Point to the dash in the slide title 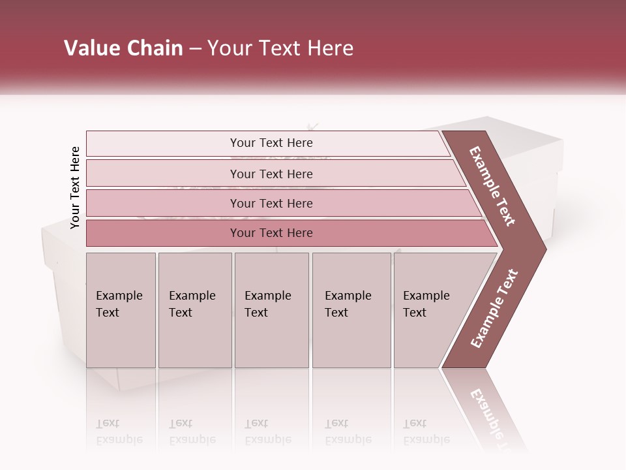click(x=195, y=49)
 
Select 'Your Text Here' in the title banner click(x=280, y=48)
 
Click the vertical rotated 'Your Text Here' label click(x=75, y=187)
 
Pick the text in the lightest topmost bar click(x=271, y=143)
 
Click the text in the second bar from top click(x=271, y=174)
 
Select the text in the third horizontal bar click(x=271, y=204)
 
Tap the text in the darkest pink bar click(x=271, y=233)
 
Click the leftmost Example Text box click(x=119, y=304)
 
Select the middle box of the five click(x=268, y=304)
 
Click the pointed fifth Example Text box click(x=426, y=304)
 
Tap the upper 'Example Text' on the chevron click(x=492, y=186)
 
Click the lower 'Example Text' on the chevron click(x=494, y=309)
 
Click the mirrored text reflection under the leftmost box click(x=119, y=431)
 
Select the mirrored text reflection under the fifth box click(x=426, y=431)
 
